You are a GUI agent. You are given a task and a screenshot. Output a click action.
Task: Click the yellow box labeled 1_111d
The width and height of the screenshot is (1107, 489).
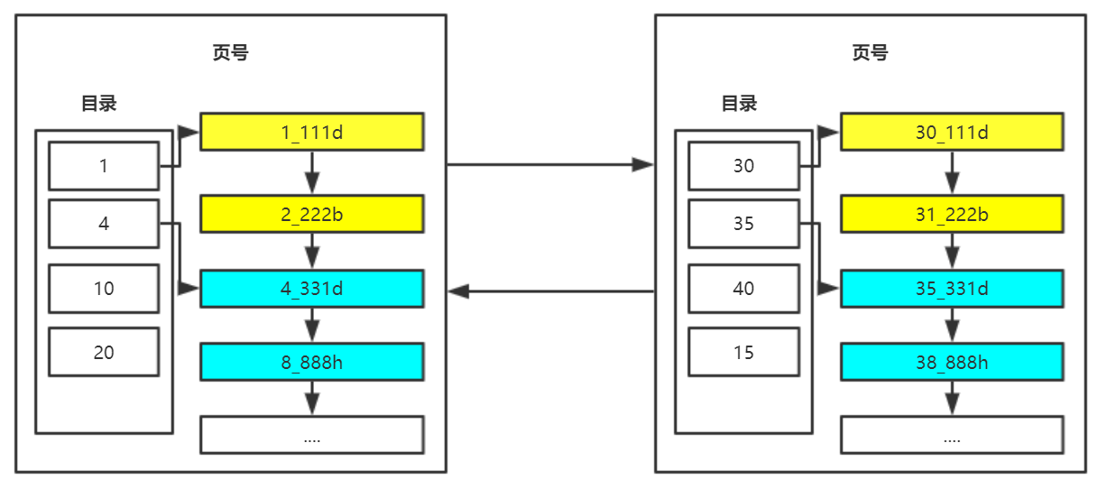311,132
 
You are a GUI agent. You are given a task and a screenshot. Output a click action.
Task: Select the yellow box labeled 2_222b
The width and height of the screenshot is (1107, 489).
311,214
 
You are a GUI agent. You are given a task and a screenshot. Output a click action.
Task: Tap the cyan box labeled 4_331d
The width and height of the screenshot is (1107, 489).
311,289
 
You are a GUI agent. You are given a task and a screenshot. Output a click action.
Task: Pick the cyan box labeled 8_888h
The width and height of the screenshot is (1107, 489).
311,362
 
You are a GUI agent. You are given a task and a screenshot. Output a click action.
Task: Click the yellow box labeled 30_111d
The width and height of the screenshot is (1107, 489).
952,132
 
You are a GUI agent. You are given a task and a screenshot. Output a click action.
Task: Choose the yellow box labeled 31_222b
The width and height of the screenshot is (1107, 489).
952,214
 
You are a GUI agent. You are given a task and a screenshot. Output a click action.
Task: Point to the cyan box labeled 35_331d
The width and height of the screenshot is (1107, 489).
952,289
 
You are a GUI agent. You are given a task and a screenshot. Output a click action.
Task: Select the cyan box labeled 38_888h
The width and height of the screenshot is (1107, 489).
952,362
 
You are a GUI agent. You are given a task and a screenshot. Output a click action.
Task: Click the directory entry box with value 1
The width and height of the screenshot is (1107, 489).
104,166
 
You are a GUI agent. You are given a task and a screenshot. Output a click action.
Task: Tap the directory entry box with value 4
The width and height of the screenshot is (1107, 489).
104,224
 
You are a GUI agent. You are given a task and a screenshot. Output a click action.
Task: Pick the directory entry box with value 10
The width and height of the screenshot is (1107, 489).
104,289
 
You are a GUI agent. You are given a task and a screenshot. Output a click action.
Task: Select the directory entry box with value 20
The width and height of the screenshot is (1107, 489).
104,352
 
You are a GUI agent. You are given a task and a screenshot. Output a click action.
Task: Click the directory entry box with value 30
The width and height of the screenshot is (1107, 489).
743,166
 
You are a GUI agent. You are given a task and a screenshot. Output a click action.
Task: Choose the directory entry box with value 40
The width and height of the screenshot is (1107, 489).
743,289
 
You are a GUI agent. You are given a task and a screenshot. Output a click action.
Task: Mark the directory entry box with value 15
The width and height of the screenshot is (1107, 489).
743,352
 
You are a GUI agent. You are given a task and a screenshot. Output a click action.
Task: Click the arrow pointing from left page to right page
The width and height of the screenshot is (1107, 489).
550,165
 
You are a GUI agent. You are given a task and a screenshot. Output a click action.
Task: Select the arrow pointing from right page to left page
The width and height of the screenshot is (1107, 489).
550,291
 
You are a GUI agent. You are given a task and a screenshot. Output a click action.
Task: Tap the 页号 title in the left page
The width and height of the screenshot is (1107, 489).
230,53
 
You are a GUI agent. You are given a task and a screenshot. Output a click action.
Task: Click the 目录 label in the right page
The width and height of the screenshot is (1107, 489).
739,104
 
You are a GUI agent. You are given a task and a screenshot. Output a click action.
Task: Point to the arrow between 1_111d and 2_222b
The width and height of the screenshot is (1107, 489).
312,173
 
